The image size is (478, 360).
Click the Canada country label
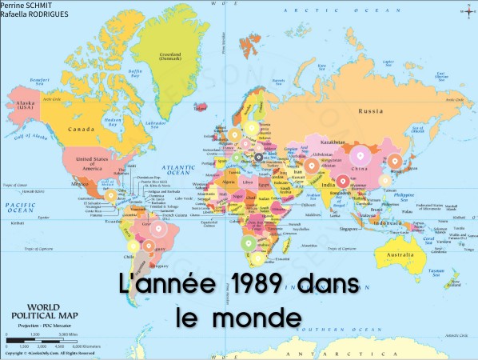tap(81, 128)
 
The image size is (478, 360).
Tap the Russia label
tap(372, 110)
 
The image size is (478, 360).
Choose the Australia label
tap(400, 255)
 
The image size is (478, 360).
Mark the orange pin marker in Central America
tap(110, 194)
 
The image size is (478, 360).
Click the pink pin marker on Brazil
tap(157, 230)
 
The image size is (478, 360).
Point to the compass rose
tap(467, 11)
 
